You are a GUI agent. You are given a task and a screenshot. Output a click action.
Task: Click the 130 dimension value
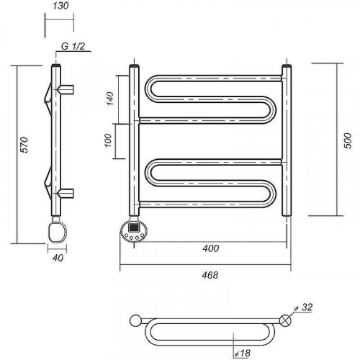[x=60, y=6]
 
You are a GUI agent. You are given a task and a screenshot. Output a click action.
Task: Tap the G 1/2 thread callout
[x=73, y=46]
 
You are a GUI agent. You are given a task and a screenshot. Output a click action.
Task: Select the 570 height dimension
[x=24, y=145]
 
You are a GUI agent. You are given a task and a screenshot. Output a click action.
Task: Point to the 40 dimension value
[x=58, y=258]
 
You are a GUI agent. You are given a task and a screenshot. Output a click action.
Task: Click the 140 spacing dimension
[x=109, y=99]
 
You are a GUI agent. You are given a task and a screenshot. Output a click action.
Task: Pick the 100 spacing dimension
[x=109, y=140]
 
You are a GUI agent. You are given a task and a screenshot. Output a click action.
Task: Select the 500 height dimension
[x=348, y=140]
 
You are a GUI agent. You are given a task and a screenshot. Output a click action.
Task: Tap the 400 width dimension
[x=210, y=248]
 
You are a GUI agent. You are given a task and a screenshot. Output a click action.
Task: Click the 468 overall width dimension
[x=210, y=275]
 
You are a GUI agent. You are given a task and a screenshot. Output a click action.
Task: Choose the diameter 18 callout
[x=243, y=353]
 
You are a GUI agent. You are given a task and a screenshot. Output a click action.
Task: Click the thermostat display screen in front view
[x=134, y=227]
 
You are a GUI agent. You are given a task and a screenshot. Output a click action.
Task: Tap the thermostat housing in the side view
[x=58, y=233]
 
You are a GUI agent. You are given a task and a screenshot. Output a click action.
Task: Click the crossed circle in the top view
[x=285, y=320]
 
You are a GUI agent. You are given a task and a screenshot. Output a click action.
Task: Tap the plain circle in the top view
[x=135, y=320]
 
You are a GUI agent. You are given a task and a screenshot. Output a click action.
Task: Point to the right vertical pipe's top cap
[x=287, y=66]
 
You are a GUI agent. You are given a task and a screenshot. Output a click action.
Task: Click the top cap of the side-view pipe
[x=56, y=65]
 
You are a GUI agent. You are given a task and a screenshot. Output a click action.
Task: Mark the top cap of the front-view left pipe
[x=134, y=66]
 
